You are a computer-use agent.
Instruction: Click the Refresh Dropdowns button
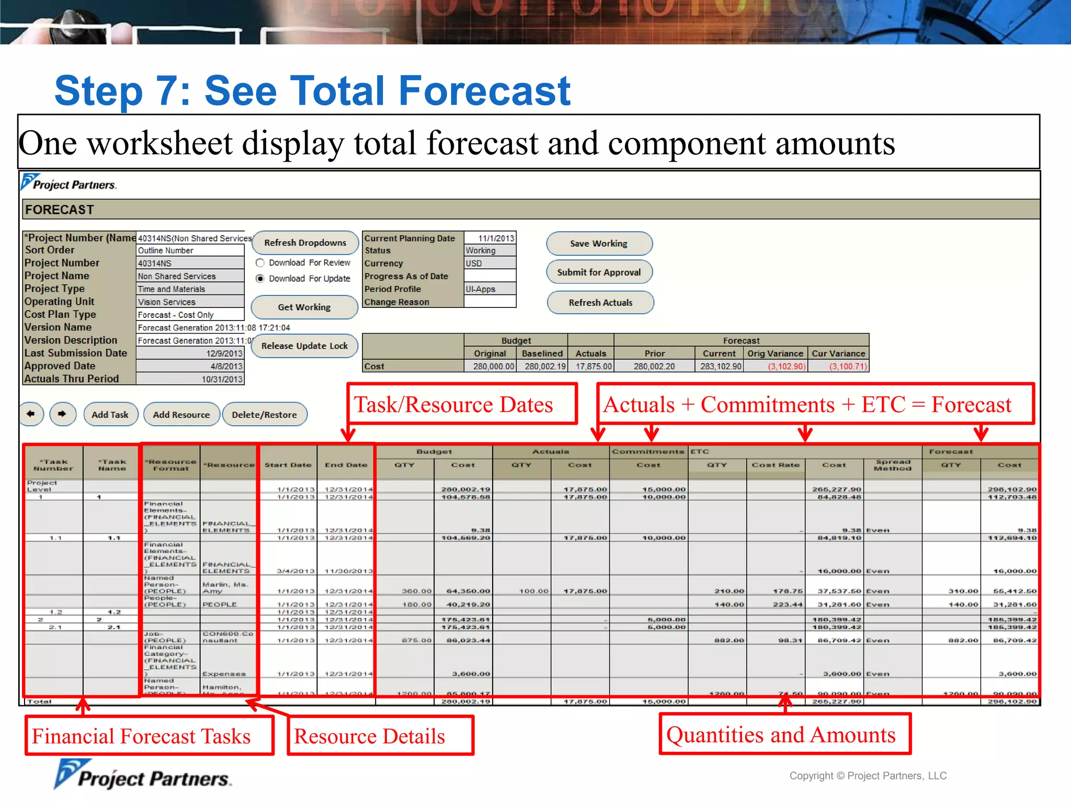tap(305, 243)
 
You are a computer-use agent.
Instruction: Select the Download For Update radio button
tap(260, 279)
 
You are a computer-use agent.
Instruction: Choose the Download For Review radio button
tap(260, 263)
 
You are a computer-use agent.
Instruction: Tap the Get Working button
tap(304, 307)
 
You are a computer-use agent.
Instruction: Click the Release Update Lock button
tap(304, 346)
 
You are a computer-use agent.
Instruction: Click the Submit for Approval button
tap(599, 272)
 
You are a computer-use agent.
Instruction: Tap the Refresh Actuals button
tap(600, 303)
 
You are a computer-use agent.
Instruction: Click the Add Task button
tap(110, 415)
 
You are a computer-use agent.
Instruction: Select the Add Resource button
tap(181, 415)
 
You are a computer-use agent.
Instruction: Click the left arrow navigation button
tap(31, 414)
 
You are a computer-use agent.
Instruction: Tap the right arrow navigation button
tap(63, 414)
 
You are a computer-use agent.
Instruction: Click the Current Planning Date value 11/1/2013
tap(490, 238)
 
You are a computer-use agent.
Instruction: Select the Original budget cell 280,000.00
tap(491, 366)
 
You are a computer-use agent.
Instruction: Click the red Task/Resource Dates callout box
tap(462, 404)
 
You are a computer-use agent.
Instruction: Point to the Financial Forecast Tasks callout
tap(149, 736)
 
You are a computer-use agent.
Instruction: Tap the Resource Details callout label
tap(380, 736)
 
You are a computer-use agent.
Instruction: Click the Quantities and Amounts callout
tap(784, 735)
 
